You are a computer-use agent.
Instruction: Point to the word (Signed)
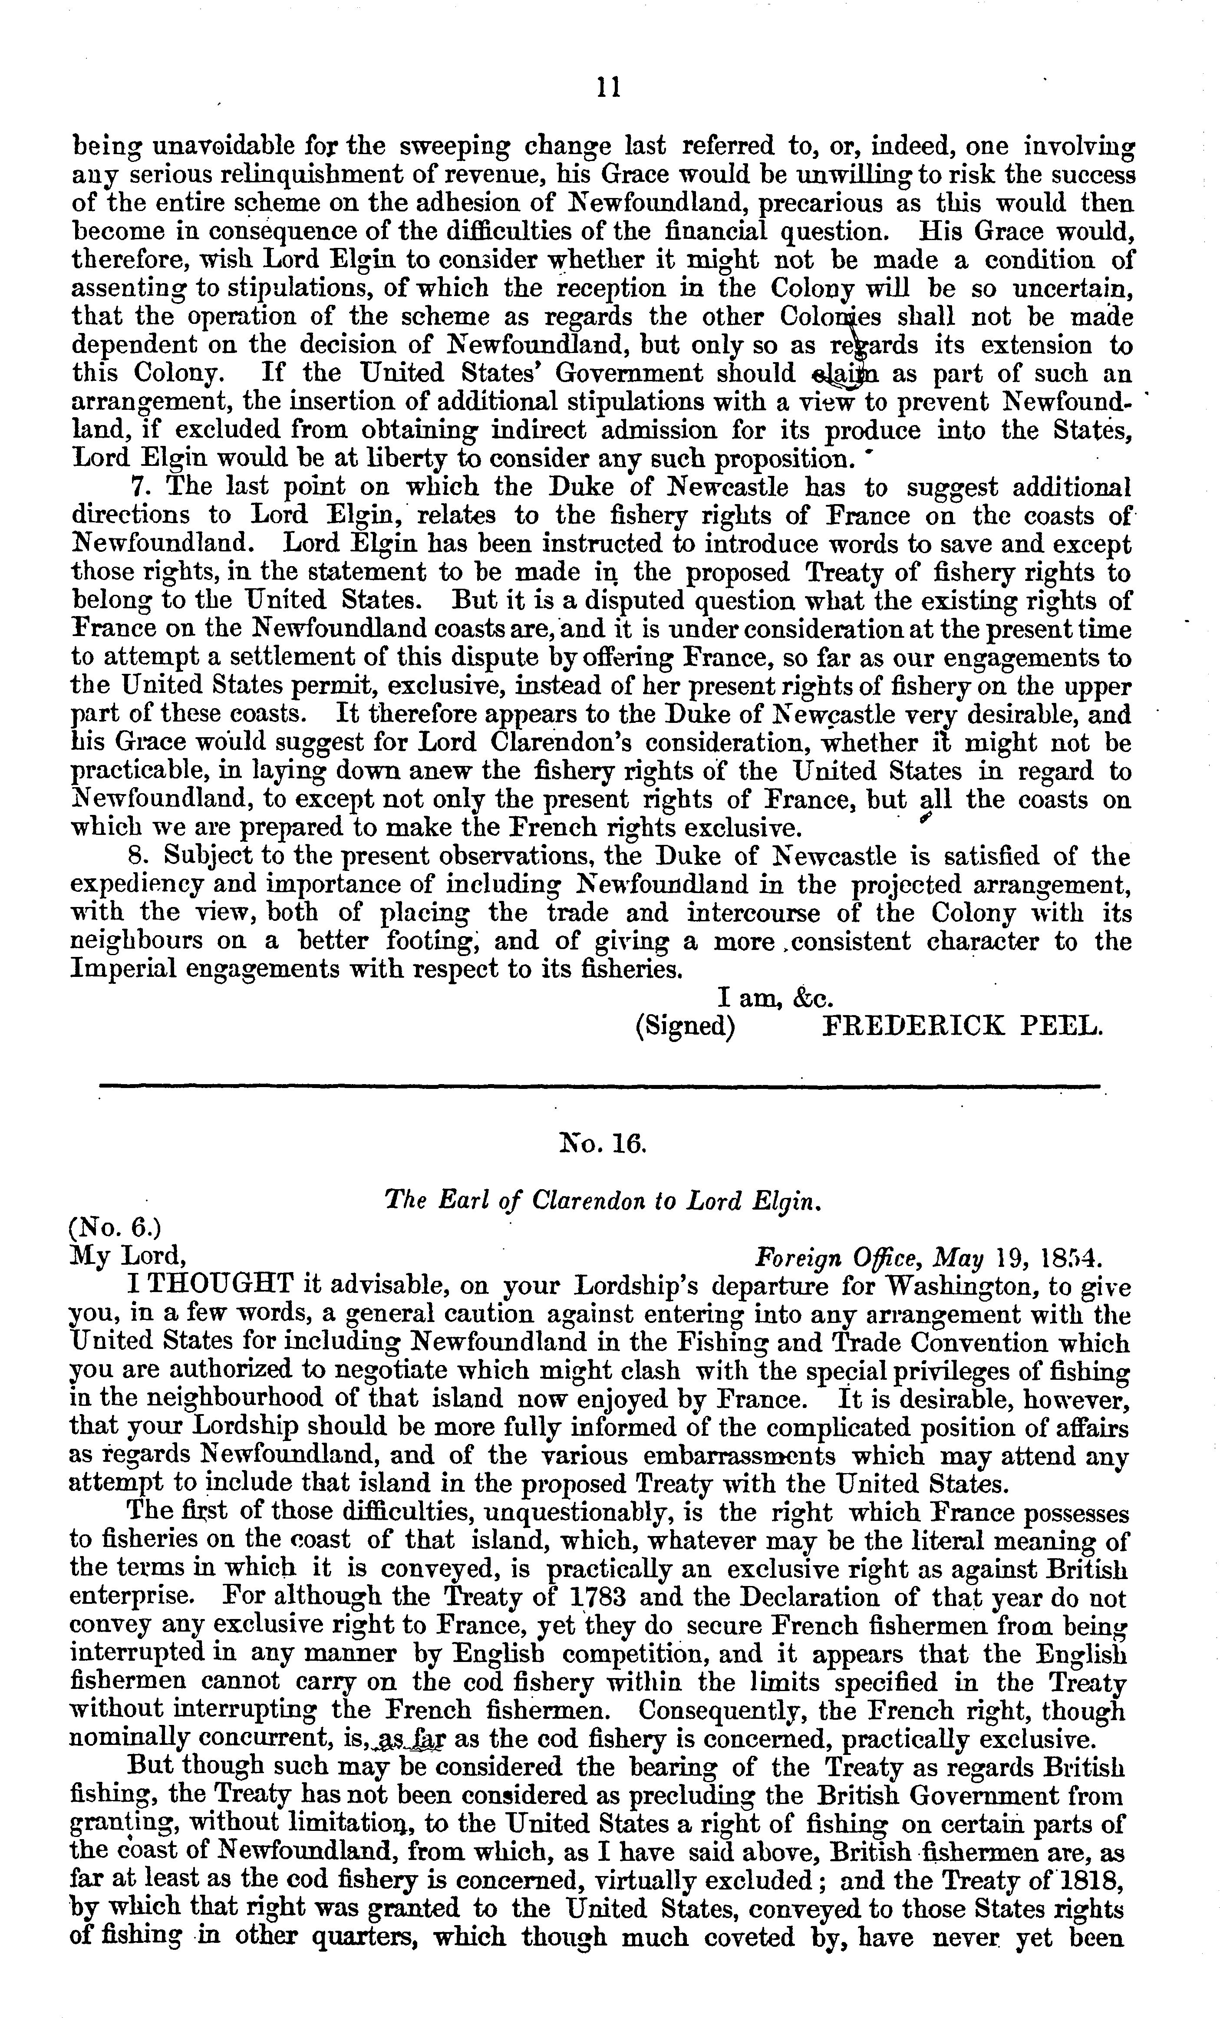coord(685,1027)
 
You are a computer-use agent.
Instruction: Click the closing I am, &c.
coord(775,999)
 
